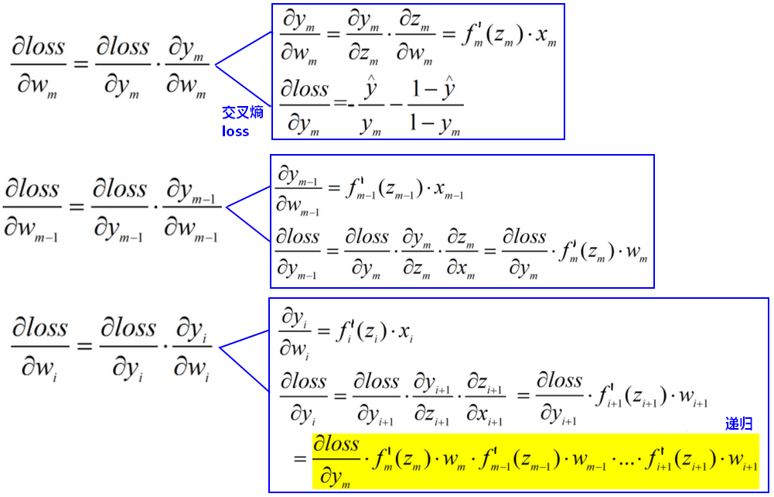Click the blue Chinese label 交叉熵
pos(242,113)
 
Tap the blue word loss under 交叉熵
pos(236,132)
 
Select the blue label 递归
pos(738,423)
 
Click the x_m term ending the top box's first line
pos(546,36)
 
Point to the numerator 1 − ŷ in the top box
pos(434,88)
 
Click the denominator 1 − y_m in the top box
pos(435,124)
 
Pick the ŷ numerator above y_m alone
pos(370,88)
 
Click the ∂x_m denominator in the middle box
pos(461,269)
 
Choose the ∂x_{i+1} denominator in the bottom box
pos(484,414)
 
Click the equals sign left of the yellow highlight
pos(300,459)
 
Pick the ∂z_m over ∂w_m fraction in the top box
pos(414,38)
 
